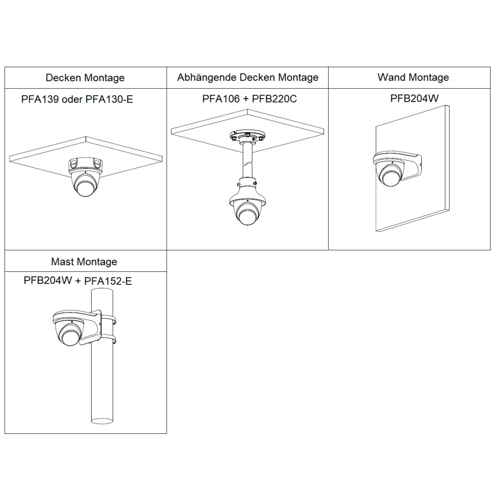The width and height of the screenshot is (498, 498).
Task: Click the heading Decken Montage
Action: pos(85,78)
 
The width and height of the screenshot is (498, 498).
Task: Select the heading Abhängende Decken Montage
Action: pos(248,78)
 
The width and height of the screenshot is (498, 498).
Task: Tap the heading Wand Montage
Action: pos(413,77)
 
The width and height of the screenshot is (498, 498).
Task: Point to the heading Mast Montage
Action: pos(84,262)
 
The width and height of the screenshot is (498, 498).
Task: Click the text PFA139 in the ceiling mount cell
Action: pos(40,100)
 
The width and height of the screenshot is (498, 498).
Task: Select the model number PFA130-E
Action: pos(109,100)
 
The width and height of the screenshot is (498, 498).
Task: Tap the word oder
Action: pos(72,100)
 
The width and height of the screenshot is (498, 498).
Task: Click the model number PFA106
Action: pos(221,99)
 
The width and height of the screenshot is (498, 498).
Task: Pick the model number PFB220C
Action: pos(274,99)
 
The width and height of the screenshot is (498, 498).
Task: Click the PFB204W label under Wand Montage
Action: pos(414,99)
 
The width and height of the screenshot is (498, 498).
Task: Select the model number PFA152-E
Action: pos(108,281)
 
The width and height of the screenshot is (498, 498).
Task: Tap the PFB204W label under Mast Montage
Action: pos(48,280)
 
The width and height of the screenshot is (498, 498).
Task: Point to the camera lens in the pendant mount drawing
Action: pos(247,217)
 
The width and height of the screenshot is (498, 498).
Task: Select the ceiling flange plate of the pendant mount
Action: pos(248,136)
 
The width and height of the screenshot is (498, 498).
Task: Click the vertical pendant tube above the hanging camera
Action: pos(248,160)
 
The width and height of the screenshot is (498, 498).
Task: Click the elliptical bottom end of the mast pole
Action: pos(102,421)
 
